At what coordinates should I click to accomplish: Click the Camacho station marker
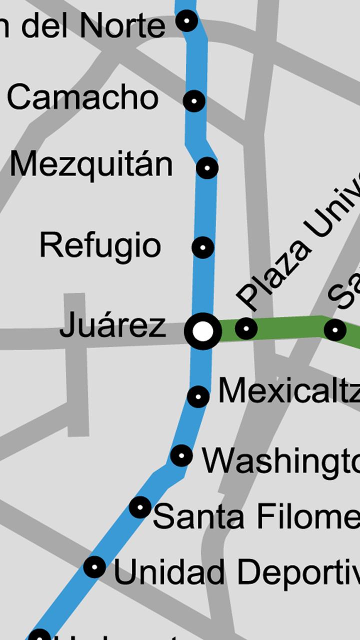(194, 101)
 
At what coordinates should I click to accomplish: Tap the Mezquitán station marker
(207, 168)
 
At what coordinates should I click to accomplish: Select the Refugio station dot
(202, 247)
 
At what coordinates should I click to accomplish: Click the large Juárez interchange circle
(203, 331)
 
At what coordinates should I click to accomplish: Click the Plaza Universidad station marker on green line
(245, 329)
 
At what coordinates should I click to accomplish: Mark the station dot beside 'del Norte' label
(186, 21)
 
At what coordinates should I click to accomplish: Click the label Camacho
(82, 97)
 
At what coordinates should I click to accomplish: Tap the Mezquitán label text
(91, 164)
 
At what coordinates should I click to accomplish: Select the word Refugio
(100, 245)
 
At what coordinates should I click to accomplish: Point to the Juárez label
(112, 325)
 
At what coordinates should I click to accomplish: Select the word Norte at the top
(121, 26)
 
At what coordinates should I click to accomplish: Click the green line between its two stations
(290, 326)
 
